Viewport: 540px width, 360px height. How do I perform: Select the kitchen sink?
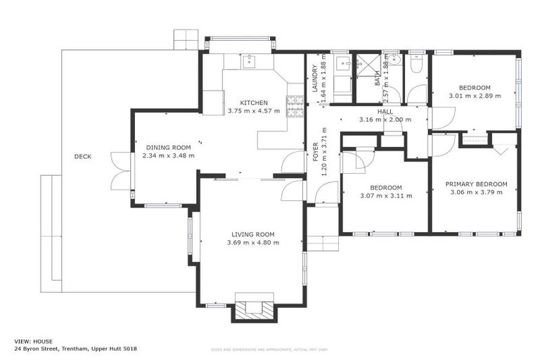point(248,62)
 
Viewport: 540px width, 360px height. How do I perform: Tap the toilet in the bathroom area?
point(416,65)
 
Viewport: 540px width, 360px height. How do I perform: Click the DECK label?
point(82,156)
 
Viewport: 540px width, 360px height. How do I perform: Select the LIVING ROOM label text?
point(252,234)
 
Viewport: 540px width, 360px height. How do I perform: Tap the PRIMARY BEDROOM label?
point(476,184)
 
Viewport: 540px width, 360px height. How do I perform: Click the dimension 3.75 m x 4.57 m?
point(254,110)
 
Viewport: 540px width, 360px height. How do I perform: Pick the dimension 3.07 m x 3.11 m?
point(385,196)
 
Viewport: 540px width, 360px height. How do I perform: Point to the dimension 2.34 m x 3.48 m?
point(168,155)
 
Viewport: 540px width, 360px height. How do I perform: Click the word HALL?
point(385,112)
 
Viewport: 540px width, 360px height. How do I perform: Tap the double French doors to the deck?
point(120,170)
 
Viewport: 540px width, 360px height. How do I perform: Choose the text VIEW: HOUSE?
point(33,341)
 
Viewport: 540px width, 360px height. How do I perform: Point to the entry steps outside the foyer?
point(323,243)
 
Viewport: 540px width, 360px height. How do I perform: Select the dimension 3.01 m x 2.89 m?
point(475,96)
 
